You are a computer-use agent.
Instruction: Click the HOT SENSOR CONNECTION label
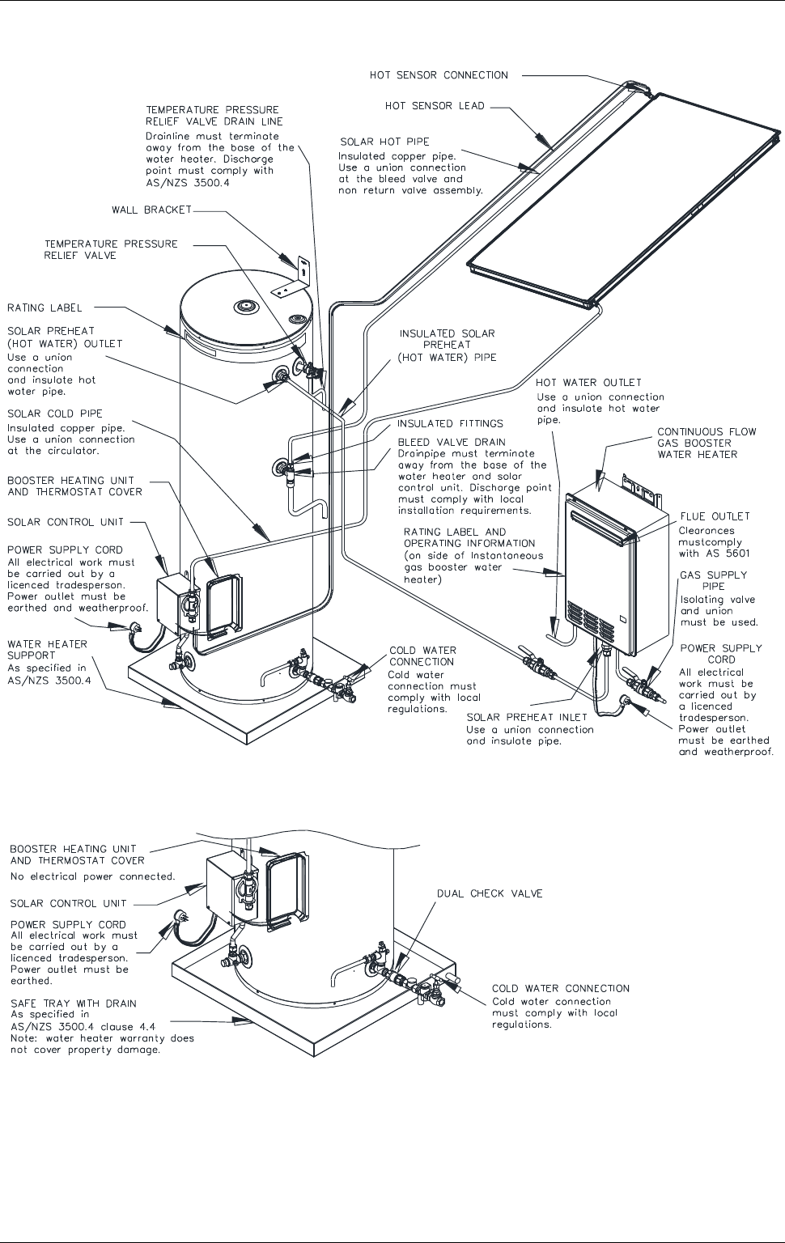(x=439, y=75)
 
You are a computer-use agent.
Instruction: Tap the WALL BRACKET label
(x=151, y=210)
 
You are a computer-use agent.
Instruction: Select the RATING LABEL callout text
(x=45, y=308)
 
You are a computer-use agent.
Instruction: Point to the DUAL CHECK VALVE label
(x=490, y=893)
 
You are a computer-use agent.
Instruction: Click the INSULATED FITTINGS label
(x=450, y=423)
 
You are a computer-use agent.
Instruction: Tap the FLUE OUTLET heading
(x=715, y=516)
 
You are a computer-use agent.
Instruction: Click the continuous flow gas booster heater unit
(x=616, y=569)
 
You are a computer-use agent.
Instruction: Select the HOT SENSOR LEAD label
(x=435, y=105)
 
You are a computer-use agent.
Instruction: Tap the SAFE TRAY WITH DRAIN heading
(x=73, y=1003)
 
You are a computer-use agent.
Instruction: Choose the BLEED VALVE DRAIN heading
(x=452, y=442)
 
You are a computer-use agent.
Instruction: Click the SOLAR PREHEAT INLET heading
(x=527, y=717)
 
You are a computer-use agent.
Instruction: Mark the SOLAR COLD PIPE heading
(x=55, y=414)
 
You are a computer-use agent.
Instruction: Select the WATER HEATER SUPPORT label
(x=48, y=650)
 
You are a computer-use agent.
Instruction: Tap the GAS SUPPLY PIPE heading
(x=714, y=580)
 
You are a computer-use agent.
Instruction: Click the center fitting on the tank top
(x=244, y=305)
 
